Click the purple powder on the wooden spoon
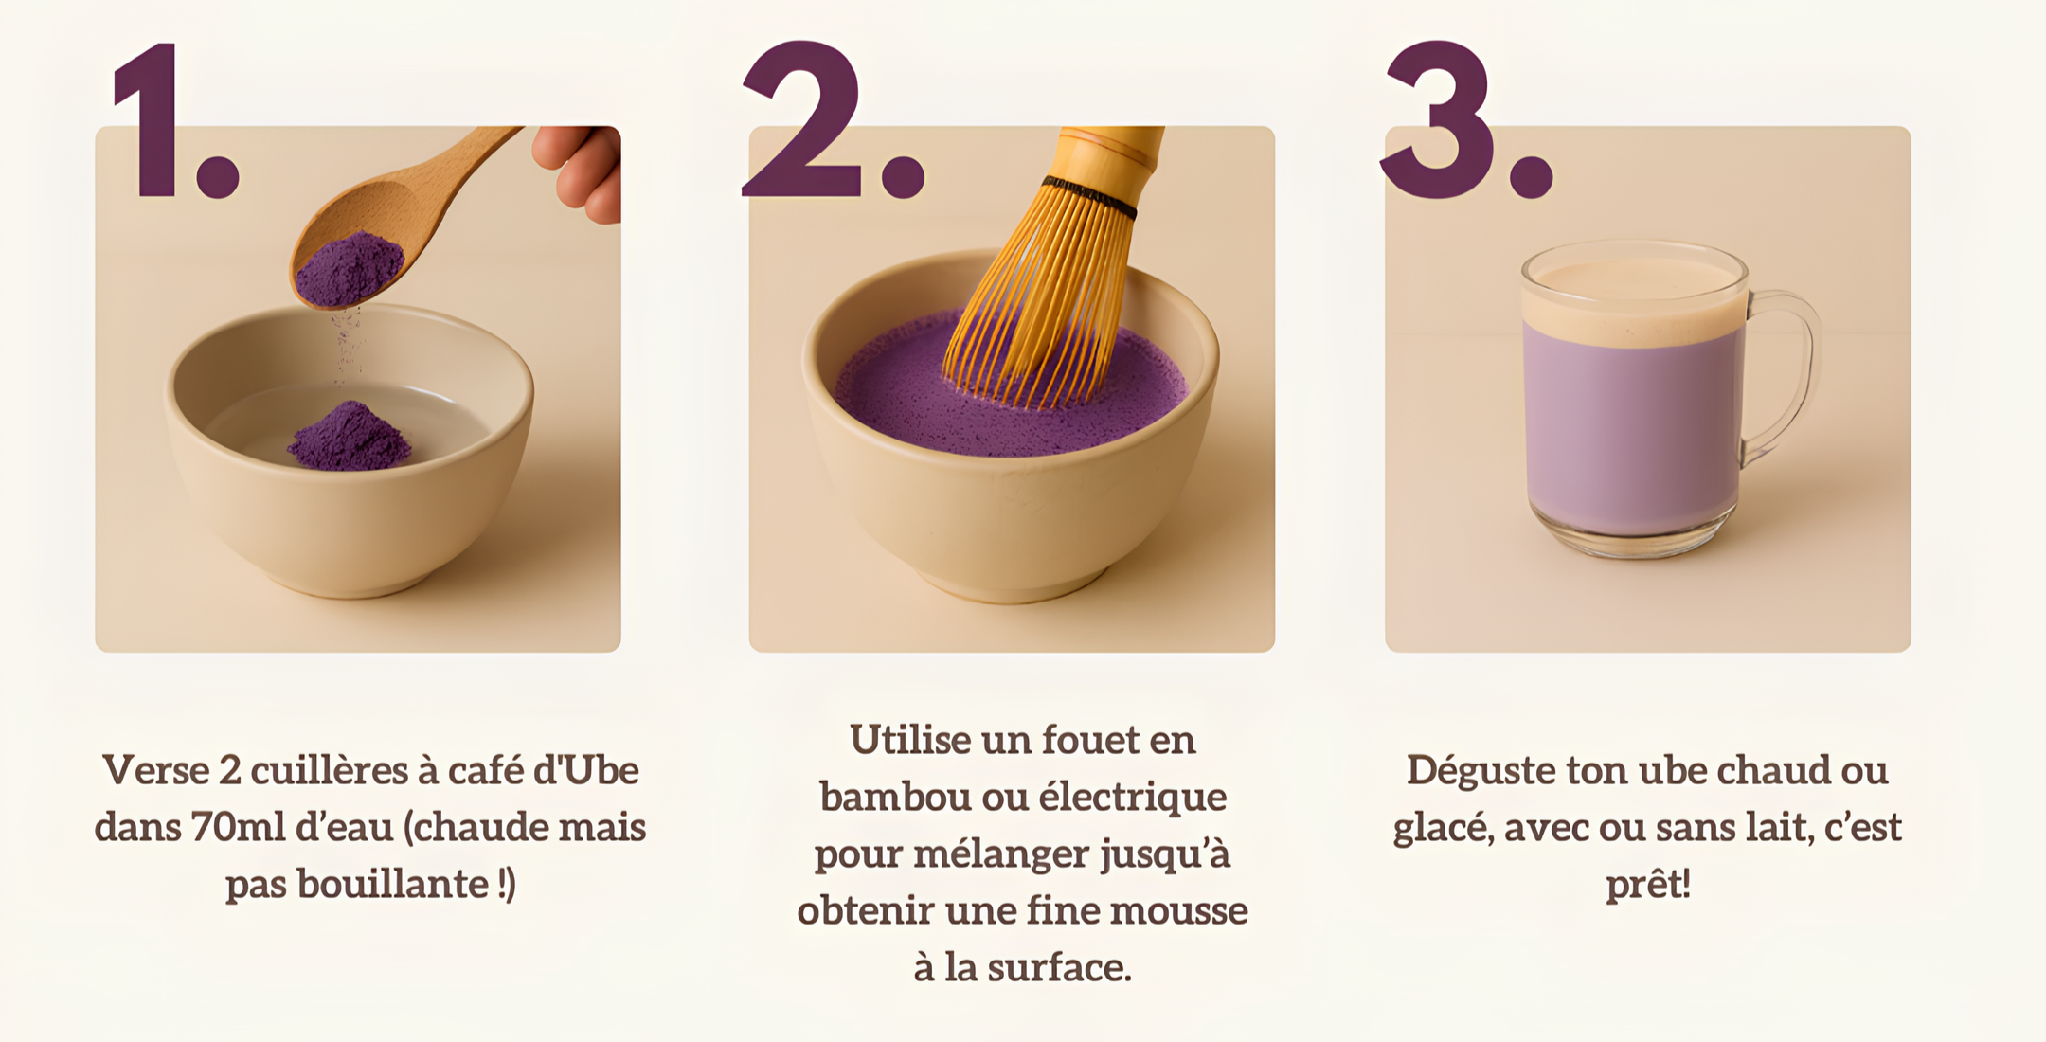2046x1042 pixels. pos(349,269)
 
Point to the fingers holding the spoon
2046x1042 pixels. pos(579,171)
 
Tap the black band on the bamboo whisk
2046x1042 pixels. pos(1089,196)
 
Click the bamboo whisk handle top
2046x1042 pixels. pos(1110,152)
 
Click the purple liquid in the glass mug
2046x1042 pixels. pos(1634,426)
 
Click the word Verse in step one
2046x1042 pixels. pos(155,770)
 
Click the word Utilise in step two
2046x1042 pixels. pos(909,740)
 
